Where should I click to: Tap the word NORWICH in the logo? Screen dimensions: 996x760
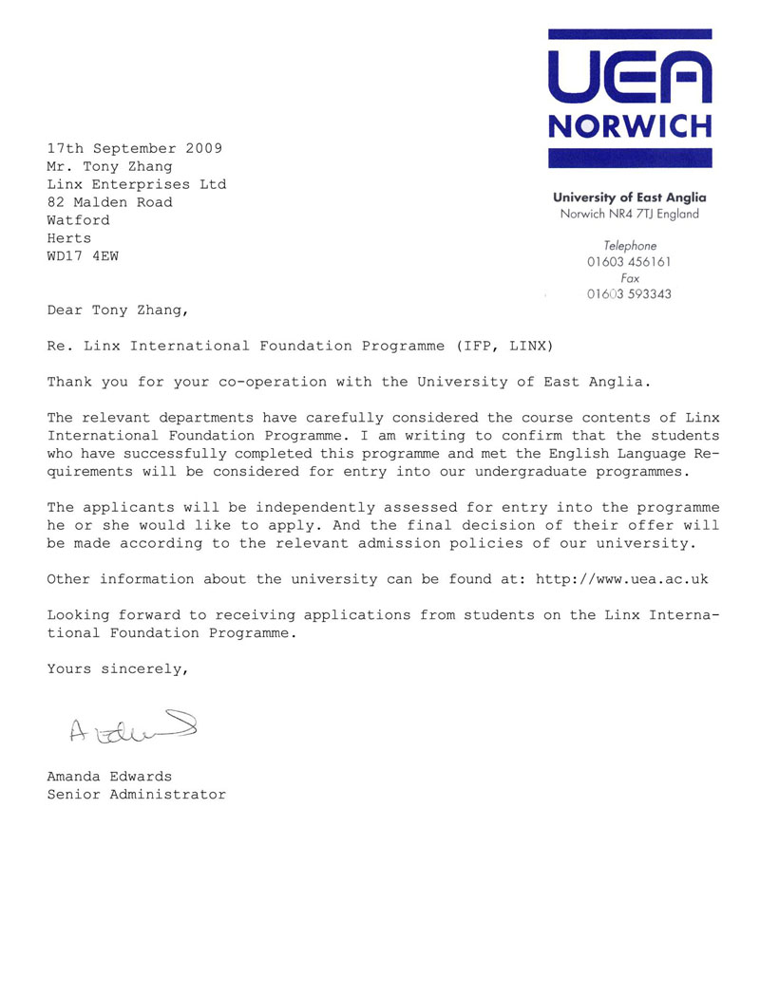[x=629, y=126]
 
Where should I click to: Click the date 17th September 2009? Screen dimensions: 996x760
[x=135, y=148]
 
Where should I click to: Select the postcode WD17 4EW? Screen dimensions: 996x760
[x=84, y=255]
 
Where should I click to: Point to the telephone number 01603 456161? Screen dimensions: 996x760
[x=629, y=262]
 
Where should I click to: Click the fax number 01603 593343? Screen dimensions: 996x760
[x=629, y=294]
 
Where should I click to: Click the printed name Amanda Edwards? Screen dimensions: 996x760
[x=110, y=777]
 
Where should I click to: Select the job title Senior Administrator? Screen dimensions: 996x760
[x=137, y=795]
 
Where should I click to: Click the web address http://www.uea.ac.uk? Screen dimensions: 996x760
[x=622, y=578]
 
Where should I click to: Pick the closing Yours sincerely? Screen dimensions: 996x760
[x=118, y=668]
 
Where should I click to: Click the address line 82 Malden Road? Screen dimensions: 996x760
[x=110, y=202]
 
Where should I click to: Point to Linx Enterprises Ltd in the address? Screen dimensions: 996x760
[x=137, y=184]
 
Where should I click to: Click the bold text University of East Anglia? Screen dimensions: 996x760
[x=629, y=197]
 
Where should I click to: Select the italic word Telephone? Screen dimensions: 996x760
[x=629, y=246]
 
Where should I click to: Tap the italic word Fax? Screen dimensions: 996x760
[x=629, y=278]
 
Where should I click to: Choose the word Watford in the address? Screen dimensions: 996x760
[x=79, y=220]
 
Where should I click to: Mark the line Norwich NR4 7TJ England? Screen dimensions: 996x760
[x=629, y=214]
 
